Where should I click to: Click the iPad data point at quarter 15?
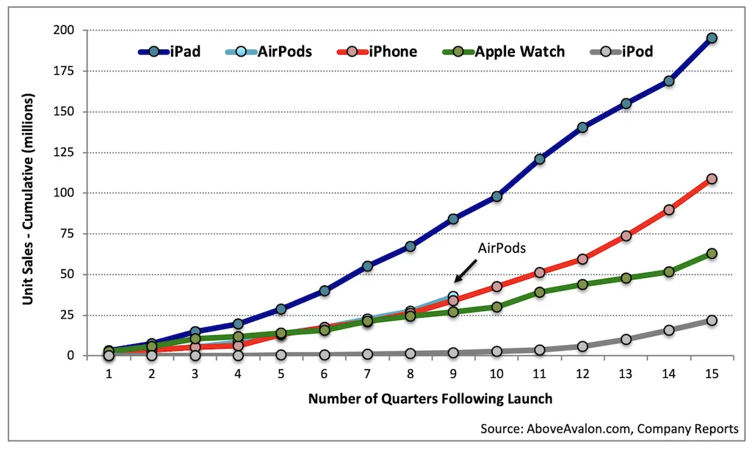tap(712, 38)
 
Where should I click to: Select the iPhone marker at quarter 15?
tap(712, 179)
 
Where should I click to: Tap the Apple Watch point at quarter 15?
tap(712, 254)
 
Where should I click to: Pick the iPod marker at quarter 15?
tap(712, 321)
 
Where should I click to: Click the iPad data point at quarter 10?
tap(497, 196)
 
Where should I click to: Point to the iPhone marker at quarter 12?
tap(582, 259)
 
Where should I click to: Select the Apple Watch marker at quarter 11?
tap(540, 292)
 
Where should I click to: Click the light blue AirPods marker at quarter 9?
tap(454, 296)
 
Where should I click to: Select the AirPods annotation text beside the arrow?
tap(502, 249)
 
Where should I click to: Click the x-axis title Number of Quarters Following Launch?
tap(430, 399)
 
